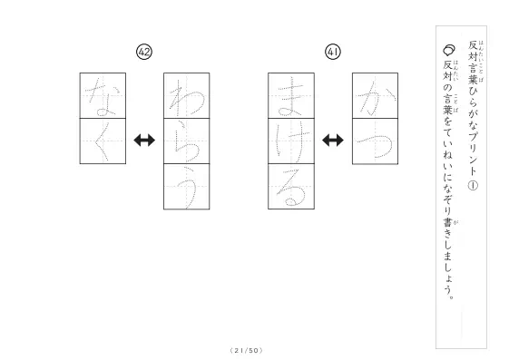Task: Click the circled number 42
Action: click(x=144, y=52)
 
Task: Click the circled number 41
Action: click(x=333, y=52)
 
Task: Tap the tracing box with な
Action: click(x=103, y=96)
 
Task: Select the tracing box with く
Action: click(x=103, y=141)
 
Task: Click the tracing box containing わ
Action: click(x=186, y=96)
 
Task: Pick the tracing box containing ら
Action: click(x=186, y=141)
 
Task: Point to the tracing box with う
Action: click(x=186, y=187)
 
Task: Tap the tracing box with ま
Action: click(x=291, y=96)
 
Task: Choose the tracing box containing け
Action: click(x=291, y=141)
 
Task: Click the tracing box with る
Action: click(x=291, y=187)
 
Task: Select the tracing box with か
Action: click(x=375, y=96)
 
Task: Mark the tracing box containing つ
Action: click(x=375, y=141)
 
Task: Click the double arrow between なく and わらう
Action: click(x=144, y=141)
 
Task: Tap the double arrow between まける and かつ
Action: click(x=333, y=141)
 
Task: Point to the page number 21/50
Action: click(x=247, y=350)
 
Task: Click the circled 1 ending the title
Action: click(x=473, y=185)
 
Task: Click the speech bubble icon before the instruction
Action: click(x=449, y=50)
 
